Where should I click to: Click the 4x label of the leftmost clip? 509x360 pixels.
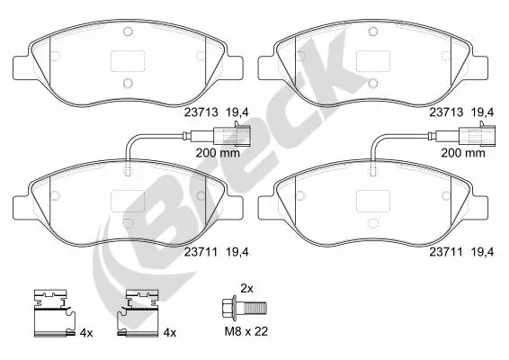coord(86,332)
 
